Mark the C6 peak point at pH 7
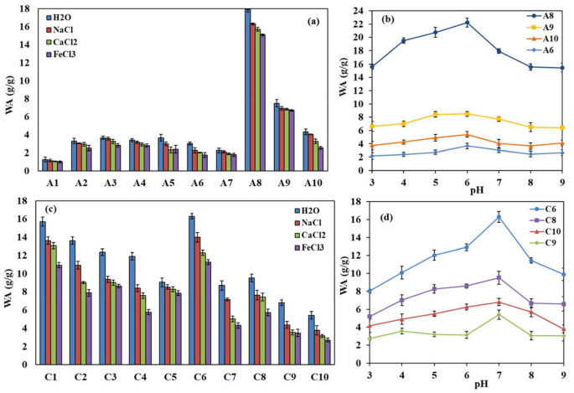[x=499, y=216]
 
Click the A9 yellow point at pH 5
[x=436, y=114]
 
